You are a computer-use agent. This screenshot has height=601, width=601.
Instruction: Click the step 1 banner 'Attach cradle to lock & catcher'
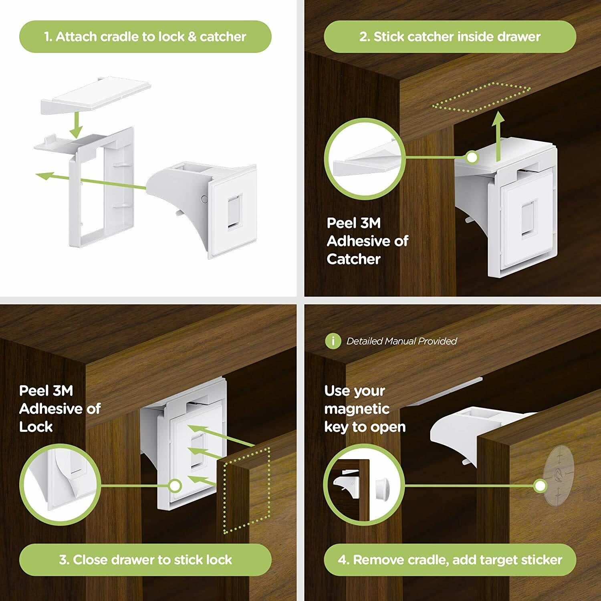point(145,37)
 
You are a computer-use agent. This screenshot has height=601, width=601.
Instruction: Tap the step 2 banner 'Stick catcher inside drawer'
point(450,37)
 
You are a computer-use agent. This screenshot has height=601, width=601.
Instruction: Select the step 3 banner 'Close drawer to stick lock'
point(145,560)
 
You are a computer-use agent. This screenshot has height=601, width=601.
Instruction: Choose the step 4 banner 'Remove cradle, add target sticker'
point(450,560)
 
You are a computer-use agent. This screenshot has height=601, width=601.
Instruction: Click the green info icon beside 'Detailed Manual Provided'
point(333,341)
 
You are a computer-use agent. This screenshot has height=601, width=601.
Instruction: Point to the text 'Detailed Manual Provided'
point(401,341)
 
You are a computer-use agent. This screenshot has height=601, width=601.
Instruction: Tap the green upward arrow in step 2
point(498,136)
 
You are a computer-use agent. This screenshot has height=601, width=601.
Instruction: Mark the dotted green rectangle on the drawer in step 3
point(246,491)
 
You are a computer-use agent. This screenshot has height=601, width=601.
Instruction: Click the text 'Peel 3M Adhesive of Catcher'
point(367,241)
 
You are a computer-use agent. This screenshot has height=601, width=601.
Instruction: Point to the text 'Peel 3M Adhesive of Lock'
point(59,408)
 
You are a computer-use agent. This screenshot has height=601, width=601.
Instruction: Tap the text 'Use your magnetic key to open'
point(365,409)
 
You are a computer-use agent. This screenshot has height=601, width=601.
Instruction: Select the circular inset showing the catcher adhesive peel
point(364,159)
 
